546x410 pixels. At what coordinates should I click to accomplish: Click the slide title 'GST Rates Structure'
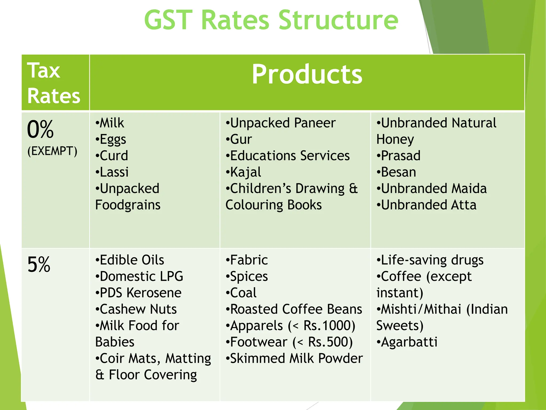(271, 20)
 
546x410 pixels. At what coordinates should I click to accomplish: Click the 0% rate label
(40, 129)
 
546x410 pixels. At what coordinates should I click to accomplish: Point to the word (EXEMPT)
(52, 151)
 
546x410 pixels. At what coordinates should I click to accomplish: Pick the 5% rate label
(39, 265)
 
